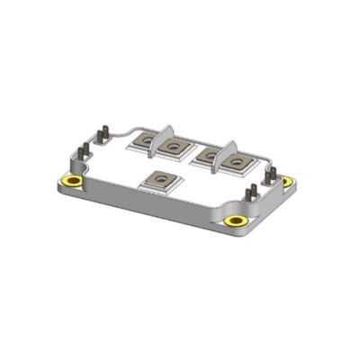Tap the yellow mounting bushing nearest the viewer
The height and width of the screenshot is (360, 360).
236,220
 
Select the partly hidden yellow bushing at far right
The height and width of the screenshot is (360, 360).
287,181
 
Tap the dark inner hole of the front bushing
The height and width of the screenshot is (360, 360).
236,220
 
